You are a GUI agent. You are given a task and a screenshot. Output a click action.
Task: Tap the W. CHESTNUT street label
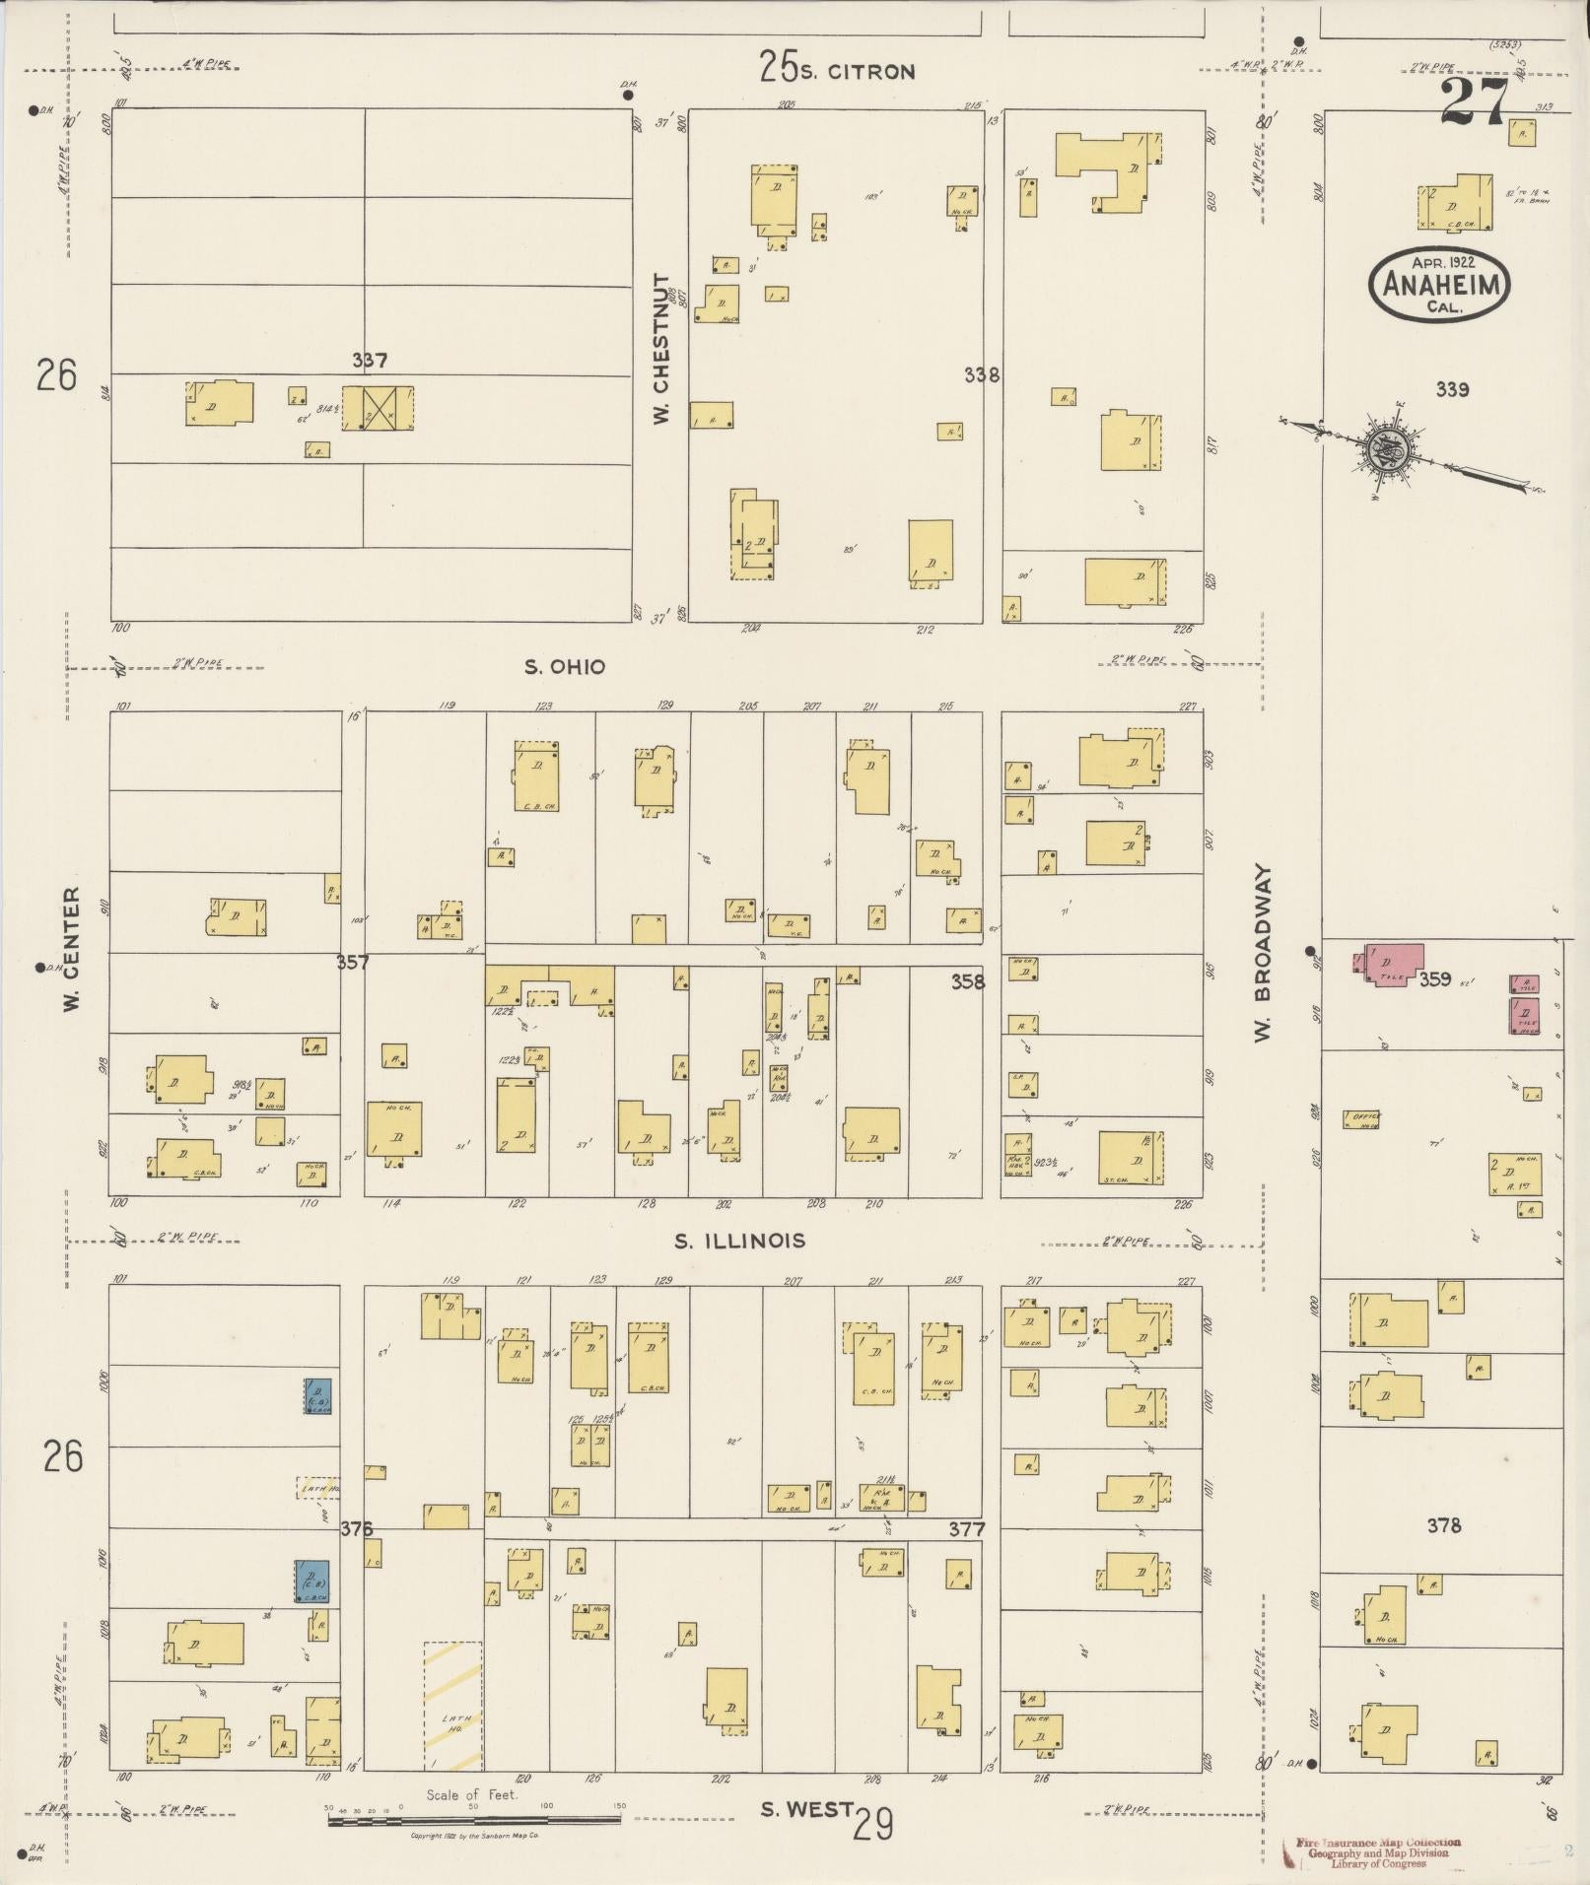660,350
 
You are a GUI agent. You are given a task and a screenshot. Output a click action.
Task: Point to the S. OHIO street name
564,667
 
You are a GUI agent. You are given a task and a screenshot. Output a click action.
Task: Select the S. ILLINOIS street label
739,1242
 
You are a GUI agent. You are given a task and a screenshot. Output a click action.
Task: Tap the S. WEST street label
807,1809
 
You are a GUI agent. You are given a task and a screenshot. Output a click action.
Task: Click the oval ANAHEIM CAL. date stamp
1439,283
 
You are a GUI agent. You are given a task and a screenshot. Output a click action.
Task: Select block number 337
369,361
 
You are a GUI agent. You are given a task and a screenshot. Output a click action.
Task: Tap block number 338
982,374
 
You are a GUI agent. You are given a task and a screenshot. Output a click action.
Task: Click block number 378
1444,1526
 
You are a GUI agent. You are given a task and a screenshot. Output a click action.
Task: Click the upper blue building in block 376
317,1396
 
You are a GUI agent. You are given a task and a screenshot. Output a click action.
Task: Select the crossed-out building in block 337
379,407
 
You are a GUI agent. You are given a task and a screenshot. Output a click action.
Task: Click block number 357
352,962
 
